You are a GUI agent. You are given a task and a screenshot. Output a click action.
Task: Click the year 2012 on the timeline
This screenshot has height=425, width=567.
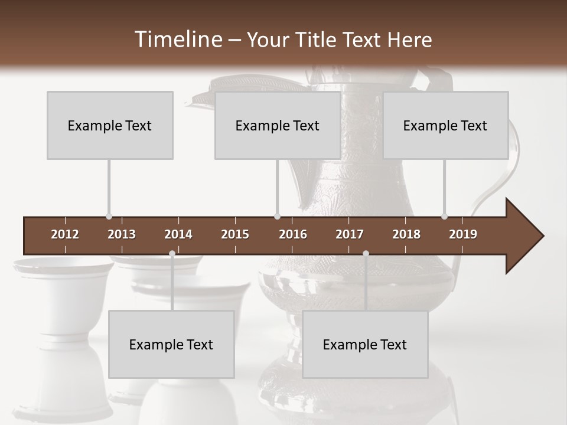pyautogui.click(x=65, y=234)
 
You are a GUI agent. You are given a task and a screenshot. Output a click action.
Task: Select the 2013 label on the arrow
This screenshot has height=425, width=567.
pyautogui.click(x=122, y=234)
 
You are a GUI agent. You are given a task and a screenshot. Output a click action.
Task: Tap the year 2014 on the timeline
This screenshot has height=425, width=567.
pyautogui.click(x=178, y=234)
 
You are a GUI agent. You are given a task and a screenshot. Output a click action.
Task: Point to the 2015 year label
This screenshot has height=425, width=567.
pyautogui.click(x=235, y=234)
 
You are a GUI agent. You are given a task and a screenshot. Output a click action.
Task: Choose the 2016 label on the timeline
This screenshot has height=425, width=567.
pyautogui.click(x=293, y=234)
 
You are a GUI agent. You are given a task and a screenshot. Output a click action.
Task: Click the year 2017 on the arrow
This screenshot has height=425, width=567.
pyautogui.click(x=350, y=234)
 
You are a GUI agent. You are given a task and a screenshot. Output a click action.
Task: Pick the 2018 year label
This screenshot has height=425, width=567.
pyautogui.click(x=406, y=234)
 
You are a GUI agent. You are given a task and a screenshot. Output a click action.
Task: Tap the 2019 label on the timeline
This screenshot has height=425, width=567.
pyautogui.click(x=463, y=234)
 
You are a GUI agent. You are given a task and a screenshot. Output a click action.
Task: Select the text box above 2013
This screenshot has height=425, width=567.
pyautogui.click(x=110, y=125)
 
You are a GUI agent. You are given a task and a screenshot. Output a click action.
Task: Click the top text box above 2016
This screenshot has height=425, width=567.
pyautogui.click(x=278, y=125)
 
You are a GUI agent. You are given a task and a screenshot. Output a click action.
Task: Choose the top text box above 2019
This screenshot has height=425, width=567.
pyautogui.click(x=445, y=125)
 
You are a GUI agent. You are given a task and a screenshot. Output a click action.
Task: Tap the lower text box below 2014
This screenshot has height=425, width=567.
pyautogui.click(x=171, y=344)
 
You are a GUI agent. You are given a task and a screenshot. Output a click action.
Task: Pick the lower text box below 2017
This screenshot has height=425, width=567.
pyautogui.click(x=365, y=344)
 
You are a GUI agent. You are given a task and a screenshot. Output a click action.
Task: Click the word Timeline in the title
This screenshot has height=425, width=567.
pyautogui.click(x=178, y=40)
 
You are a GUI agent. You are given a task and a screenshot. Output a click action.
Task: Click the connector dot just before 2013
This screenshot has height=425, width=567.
pyautogui.click(x=109, y=217)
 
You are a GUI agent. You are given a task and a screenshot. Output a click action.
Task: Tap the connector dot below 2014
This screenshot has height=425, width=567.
pyautogui.click(x=172, y=254)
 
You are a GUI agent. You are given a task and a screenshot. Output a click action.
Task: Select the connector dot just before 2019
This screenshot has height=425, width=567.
pyautogui.click(x=444, y=217)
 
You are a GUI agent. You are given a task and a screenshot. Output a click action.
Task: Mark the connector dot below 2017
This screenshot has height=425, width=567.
pyautogui.click(x=366, y=254)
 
